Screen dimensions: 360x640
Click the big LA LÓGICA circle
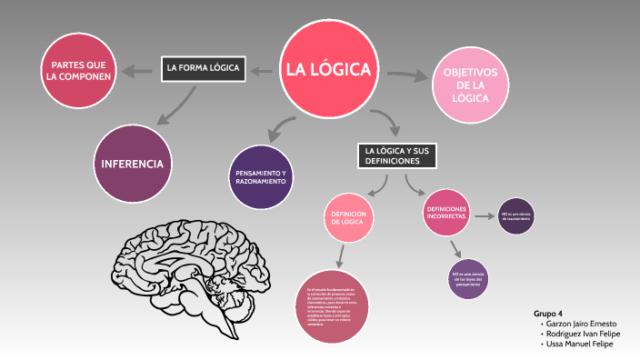pos(328,69)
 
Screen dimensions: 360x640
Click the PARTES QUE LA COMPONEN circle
pos(80,70)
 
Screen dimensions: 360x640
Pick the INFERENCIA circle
pos(133,165)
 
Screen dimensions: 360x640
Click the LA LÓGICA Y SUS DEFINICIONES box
pos(396,155)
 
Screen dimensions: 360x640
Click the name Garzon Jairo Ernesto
pos(582,324)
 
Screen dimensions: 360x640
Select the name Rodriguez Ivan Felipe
pos(582,334)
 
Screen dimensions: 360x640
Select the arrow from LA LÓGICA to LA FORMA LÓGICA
pos(260,69)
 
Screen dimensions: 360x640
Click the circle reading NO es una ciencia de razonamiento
pos(515,215)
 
